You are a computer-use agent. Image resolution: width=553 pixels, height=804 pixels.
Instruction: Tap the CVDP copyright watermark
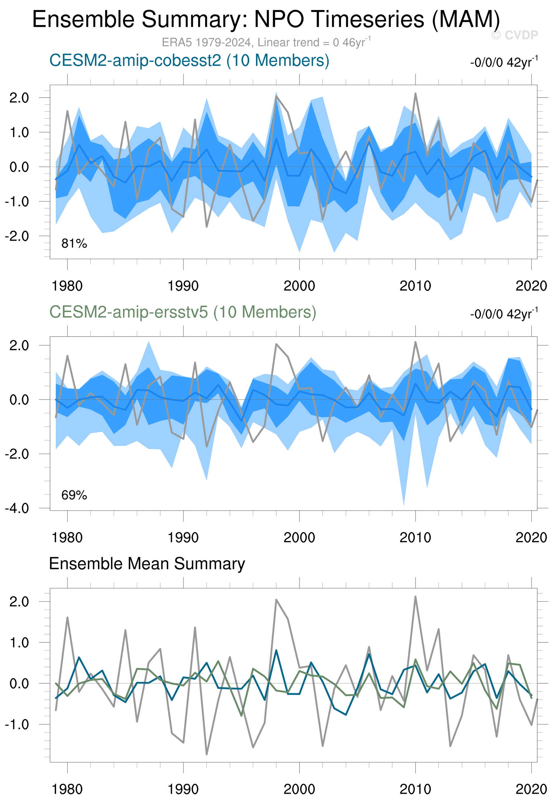click(x=514, y=35)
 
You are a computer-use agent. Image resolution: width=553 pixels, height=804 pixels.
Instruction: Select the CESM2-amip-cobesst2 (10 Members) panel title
click(x=189, y=61)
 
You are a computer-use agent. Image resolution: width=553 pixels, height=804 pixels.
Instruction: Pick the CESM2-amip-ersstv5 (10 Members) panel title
click(x=183, y=312)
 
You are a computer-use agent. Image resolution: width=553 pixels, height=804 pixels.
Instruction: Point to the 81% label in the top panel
click(x=74, y=244)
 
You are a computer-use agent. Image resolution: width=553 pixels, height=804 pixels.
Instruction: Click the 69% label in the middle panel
click(x=74, y=495)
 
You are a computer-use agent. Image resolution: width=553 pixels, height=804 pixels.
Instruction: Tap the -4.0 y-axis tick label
click(x=17, y=508)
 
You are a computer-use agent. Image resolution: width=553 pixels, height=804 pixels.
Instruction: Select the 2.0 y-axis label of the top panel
click(x=19, y=98)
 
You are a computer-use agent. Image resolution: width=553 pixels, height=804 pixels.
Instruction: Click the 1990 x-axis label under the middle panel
click(x=183, y=538)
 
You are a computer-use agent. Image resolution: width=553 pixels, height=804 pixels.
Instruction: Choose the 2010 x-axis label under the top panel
click(x=415, y=286)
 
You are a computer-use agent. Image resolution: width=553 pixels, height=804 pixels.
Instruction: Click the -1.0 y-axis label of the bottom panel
click(x=17, y=725)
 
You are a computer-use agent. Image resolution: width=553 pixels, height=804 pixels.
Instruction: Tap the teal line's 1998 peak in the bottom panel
click(x=276, y=650)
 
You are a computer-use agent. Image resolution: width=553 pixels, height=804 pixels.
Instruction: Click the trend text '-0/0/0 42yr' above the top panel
click(x=504, y=62)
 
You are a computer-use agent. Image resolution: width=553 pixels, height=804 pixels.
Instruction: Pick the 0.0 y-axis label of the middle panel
click(x=19, y=400)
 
